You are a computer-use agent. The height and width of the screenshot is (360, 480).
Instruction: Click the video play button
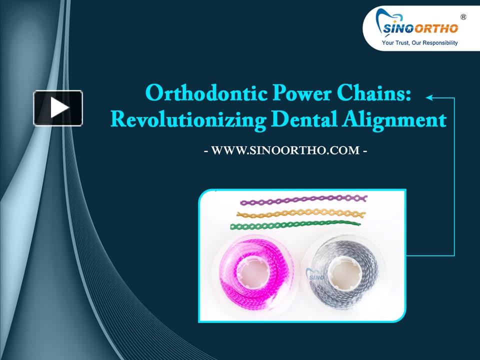pos(58,107)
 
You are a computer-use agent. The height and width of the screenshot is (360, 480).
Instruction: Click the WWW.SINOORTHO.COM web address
pos(285,149)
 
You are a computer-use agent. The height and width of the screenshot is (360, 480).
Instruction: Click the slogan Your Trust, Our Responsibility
pos(419,43)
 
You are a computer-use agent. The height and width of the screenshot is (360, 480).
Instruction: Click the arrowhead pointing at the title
pos(428,98)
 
